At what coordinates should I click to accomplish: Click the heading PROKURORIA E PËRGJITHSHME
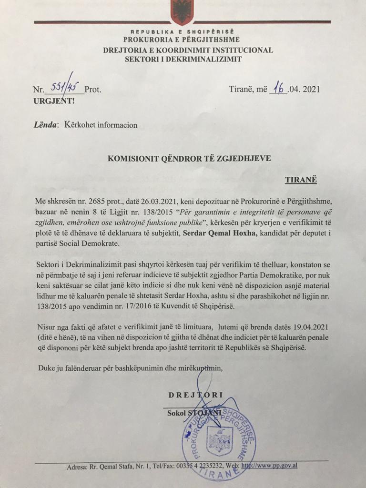[181, 40]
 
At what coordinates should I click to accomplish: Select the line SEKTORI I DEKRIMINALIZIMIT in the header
[183, 59]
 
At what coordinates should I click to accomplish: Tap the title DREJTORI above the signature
[195, 395]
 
